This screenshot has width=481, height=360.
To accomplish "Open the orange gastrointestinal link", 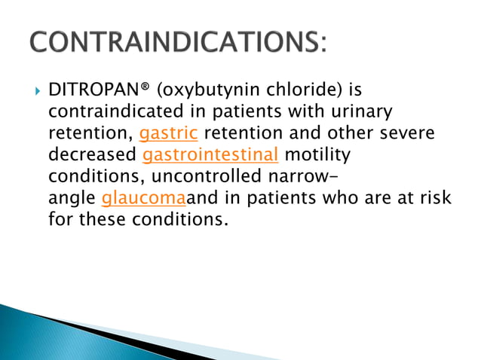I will [x=210, y=157].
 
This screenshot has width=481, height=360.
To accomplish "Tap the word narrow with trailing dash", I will [x=305, y=178].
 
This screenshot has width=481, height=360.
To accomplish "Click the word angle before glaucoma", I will [x=72, y=200].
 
